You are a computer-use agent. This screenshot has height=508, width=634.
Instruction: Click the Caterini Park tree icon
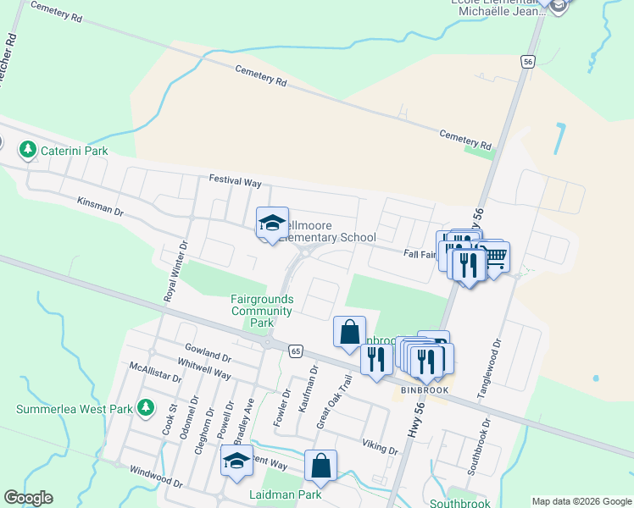pyautogui.click(x=28, y=151)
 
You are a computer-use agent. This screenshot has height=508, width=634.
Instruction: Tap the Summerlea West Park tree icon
pyautogui.click(x=146, y=409)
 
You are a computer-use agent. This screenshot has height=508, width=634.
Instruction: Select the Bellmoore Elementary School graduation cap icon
pyautogui.click(x=272, y=224)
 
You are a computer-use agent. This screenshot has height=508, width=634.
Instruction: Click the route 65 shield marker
pyautogui.click(x=295, y=350)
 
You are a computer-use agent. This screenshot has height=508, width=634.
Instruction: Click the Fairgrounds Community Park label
pyautogui.click(x=263, y=311)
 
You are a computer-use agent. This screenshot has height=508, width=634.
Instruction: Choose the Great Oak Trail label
pyautogui.click(x=333, y=401)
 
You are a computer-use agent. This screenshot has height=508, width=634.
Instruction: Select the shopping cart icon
pyautogui.click(x=495, y=256)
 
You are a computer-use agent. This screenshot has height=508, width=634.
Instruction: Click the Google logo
pyautogui.click(x=28, y=498)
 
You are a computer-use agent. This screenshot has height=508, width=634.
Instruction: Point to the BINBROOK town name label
pyautogui.click(x=425, y=390)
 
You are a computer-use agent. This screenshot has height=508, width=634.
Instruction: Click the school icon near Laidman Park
pyautogui.click(x=236, y=462)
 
